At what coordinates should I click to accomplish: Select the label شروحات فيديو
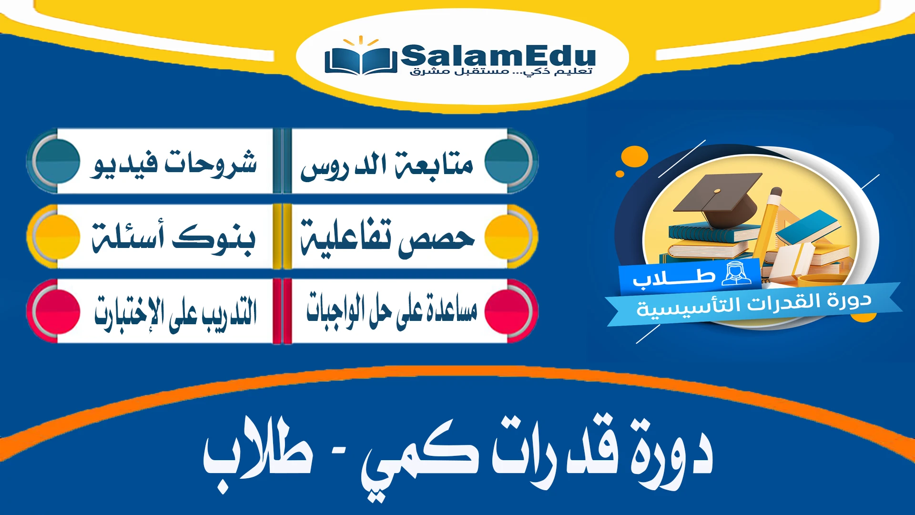pos(174,164)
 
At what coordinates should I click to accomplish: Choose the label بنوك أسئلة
pos(173,237)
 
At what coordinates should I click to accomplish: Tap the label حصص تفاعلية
pos(387,237)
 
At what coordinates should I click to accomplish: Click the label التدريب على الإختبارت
pos(175,313)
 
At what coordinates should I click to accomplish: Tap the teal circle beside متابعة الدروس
pos(508,161)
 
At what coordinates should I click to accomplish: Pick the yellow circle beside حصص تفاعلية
pos(508,236)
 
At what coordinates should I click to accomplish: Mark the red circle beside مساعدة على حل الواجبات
pos(508,311)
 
